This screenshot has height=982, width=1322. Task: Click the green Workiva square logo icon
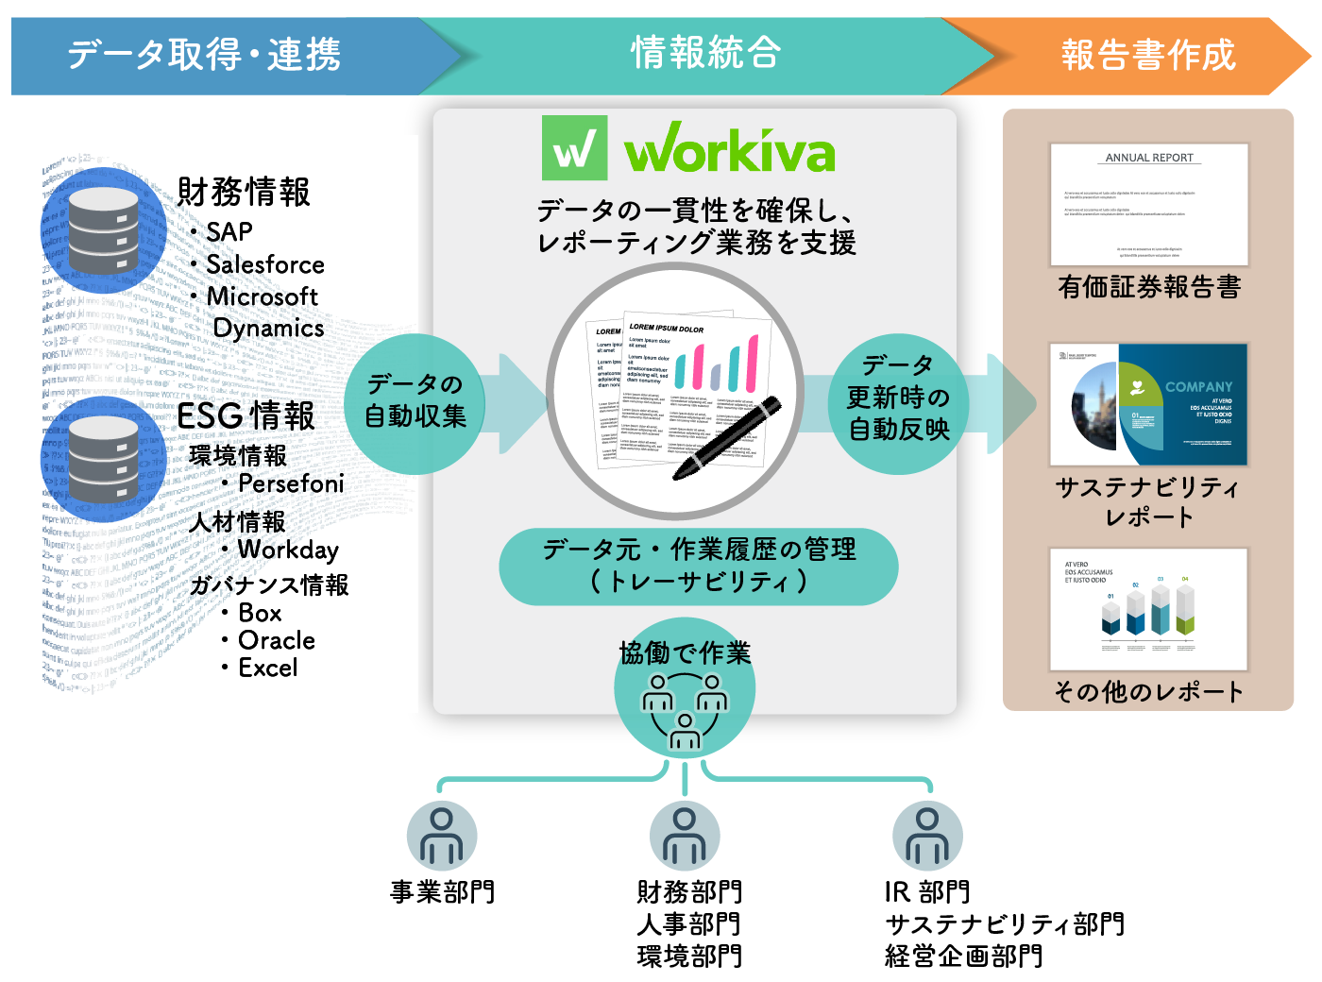(x=574, y=148)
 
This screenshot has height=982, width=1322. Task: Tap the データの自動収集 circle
(x=415, y=401)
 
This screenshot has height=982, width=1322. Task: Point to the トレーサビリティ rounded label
(x=699, y=566)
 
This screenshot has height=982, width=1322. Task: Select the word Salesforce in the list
(x=265, y=264)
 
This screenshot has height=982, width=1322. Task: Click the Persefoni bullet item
(x=290, y=483)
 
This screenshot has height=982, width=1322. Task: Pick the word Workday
(x=288, y=550)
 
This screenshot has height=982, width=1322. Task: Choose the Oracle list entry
(x=277, y=640)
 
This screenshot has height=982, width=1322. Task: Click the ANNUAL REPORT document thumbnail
(x=1149, y=204)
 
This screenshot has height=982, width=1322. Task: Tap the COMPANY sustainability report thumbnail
(x=1149, y=404)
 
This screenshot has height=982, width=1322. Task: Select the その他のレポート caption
(x=1149, y=692)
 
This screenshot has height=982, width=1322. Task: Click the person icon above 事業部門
(x=442, y=837)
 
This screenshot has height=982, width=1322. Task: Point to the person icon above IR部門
(x=927, y=837)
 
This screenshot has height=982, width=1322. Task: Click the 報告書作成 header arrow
(x=1147, y=55)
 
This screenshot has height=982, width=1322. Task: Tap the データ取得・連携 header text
(x=204, y=55)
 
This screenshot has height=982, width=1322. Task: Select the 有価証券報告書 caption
(x=1149, y=287)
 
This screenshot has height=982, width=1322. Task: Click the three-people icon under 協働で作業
(x=685, y=710)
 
